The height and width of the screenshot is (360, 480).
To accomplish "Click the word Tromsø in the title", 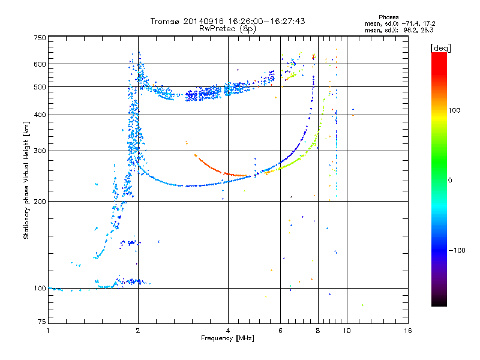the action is tap(166, 21).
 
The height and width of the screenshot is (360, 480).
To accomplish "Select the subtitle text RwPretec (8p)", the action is tap(227, 29).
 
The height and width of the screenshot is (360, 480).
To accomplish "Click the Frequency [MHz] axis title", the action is tap(227, 338).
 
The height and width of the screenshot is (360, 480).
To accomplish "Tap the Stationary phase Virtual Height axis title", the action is tap(26, 180).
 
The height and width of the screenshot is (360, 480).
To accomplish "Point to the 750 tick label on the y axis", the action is tap(40, 38).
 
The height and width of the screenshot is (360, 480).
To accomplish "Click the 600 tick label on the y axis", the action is tap(40, 64).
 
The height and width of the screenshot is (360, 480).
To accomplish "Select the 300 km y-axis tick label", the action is tap(40, 151).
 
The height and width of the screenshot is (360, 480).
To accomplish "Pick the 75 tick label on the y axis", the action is tap(42, 322).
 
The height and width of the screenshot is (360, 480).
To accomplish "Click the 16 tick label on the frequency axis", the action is tap(408, 331).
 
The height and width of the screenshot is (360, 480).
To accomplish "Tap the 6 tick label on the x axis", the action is tap(280, 331).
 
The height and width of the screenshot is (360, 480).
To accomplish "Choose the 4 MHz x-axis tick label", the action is tap(228, 331).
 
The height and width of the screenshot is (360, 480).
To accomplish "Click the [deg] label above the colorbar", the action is tap(440, 48).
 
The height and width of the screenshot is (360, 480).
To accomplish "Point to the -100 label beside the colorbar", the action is tap(457, 250).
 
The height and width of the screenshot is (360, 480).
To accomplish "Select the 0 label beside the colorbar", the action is tap(450, 180).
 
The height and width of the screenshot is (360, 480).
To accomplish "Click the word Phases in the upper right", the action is tap(388, 17).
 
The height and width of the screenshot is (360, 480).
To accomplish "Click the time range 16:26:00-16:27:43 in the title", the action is tap(266, 21).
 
